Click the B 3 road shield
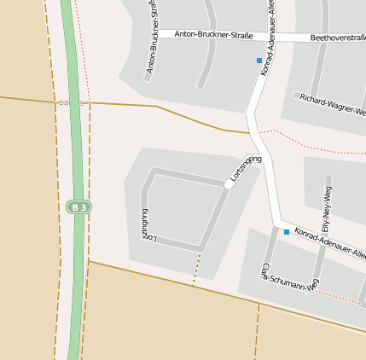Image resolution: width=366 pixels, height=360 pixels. click(78, 206)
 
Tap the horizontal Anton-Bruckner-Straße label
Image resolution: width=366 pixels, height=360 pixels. click(212, 34)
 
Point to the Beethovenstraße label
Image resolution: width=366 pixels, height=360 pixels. click(338, 38)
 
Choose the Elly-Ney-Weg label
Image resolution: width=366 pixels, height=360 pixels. click(328, 205)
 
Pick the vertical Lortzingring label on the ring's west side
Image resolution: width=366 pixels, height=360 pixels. click(144, 224)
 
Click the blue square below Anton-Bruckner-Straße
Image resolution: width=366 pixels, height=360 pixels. click(259, 61)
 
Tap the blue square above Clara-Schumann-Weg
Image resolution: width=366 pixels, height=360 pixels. click(286, 232)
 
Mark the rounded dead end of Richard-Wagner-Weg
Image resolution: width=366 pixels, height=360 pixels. click(297, 96)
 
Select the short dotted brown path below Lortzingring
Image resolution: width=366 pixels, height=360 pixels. click(197, 268)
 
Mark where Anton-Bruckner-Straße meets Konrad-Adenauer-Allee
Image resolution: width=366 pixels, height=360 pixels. click(264, 37)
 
